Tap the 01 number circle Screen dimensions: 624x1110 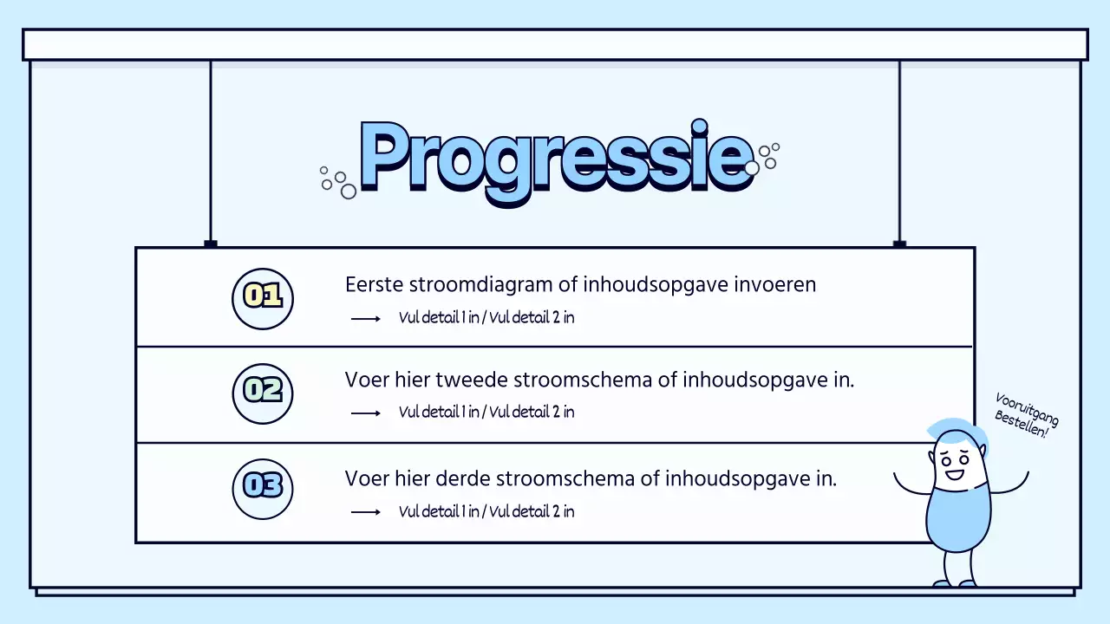coord(263,298)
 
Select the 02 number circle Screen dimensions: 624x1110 coord(263,393)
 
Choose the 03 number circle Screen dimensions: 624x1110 coord(263,488)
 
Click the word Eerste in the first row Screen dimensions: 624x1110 coord(372,285)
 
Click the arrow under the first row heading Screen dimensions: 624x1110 coord(366,319)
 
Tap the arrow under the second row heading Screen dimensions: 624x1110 coord(366,413)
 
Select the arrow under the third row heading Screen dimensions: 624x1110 coord(366,512)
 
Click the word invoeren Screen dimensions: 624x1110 coord(775,285)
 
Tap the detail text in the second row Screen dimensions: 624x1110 coord(486,413)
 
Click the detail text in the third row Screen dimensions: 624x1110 coord(486,511)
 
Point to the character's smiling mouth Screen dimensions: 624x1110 coord(955,473)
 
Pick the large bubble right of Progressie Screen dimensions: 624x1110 coord(752,168)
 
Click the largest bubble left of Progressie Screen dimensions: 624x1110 coord(349,192)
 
